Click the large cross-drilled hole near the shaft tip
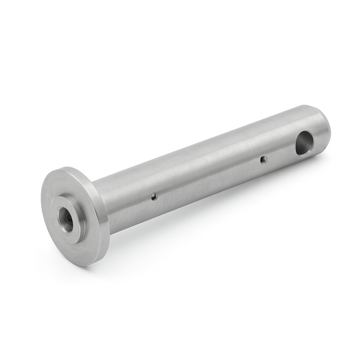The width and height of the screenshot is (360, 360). pos(303,142)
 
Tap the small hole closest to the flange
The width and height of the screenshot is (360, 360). pos(153,196)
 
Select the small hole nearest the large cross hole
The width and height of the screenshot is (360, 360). pos(263,159)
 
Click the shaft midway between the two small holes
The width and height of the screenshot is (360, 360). pos(208,177)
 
